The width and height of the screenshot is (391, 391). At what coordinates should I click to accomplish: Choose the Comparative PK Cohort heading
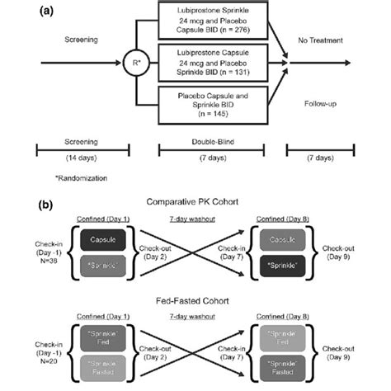coord(194,202)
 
